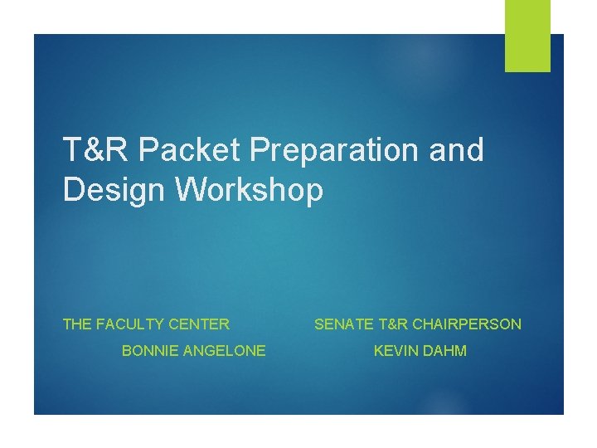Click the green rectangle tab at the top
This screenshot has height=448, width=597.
527,35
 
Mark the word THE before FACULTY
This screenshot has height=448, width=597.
77,324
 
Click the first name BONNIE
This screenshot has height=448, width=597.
149,351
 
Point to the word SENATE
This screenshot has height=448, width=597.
341,324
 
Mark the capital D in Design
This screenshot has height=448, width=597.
72,190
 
